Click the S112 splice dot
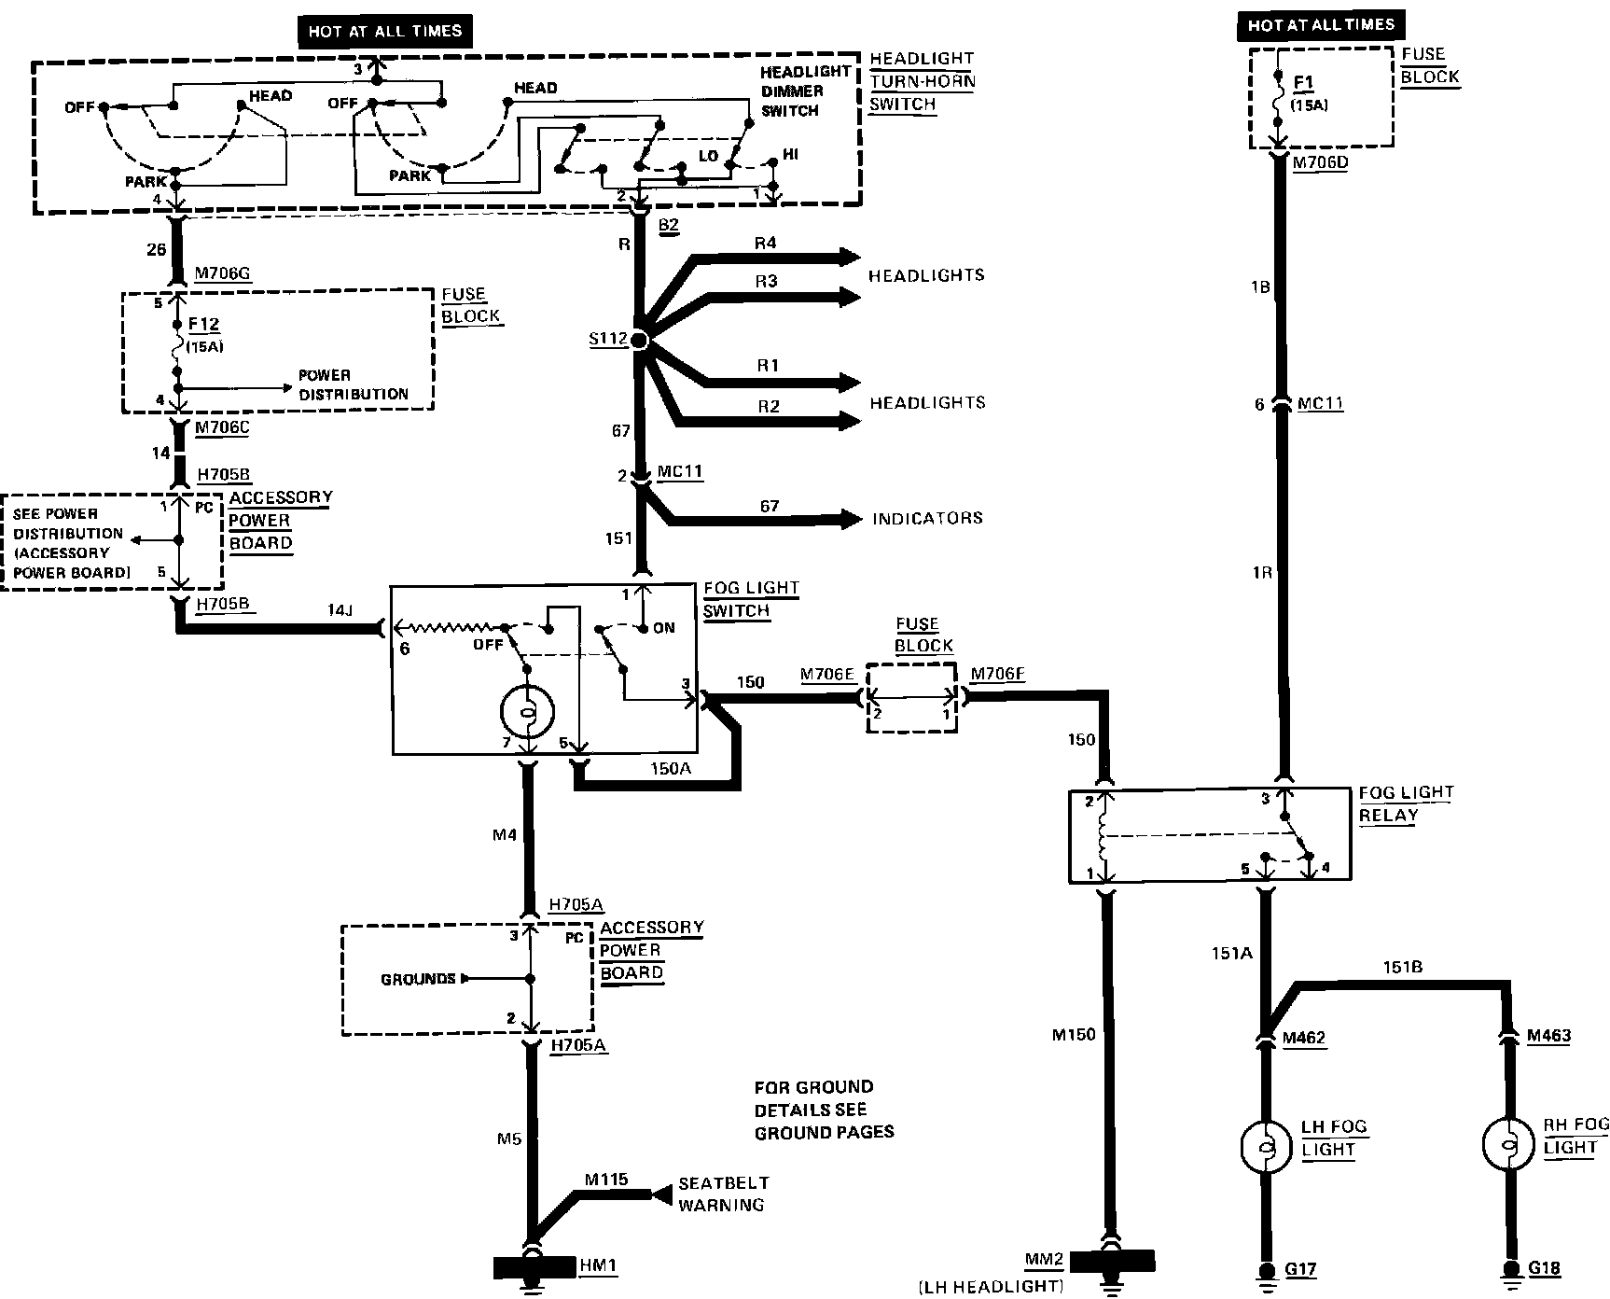click(639, 341)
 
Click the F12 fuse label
click(203, 325)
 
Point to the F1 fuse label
click(1302, 84)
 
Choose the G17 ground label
click(1300, 1269)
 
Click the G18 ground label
click(1545, 1269)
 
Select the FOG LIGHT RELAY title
click(1406, 803)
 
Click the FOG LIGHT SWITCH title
click(750, 599)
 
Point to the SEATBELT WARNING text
click(723, 1194)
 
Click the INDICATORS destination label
click(927, 518)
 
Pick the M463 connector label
click(1548, 1036)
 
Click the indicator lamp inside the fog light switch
click(528, 714)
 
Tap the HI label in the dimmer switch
click(790, 154)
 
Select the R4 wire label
click(765, 244)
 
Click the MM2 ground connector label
click(1043, 1260)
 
